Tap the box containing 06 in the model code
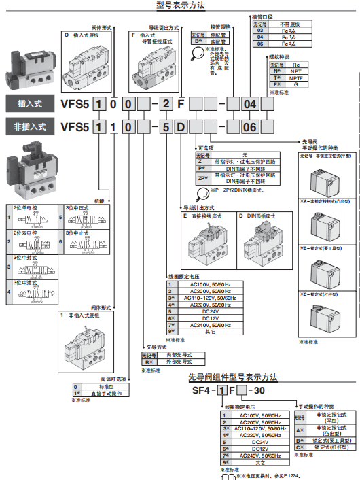(x=250, y=126)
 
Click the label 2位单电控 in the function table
(x=24, y=207)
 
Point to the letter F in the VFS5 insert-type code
(x=181, y=104)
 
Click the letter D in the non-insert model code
(x=181, y=126)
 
